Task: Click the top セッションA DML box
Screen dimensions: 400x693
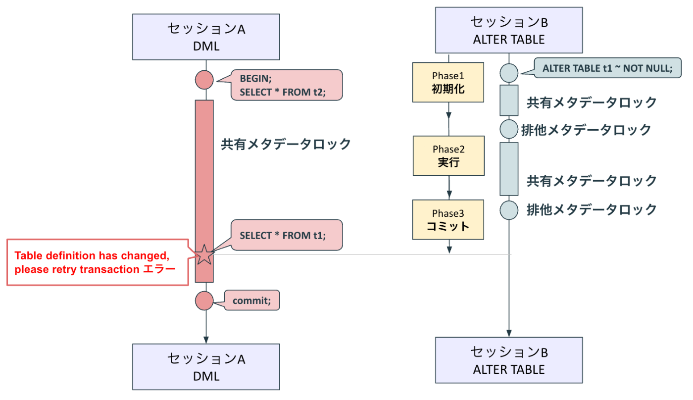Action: coord(206,37)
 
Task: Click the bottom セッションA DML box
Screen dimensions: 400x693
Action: coord(206,367)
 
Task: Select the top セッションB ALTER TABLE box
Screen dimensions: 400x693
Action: coord(509,31)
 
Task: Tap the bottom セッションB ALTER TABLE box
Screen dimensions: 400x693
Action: coord(509,360)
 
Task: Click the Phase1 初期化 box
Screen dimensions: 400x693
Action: coord(448,82)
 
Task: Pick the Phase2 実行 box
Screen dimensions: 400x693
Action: coord(448,155)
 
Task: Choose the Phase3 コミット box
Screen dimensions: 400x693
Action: coord(448,220)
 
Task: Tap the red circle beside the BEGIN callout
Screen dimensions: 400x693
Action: coord(204,80)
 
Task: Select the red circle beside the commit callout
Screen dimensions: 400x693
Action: coord(204,300)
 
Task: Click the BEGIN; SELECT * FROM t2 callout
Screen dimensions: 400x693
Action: coord(287,85)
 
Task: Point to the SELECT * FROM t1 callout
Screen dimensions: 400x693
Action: coord(287,235)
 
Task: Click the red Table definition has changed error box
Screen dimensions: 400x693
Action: coord(97,262)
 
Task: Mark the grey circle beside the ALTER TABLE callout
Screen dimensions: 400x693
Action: coord(509,72)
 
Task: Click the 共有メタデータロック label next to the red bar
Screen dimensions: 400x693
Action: coord(286,144)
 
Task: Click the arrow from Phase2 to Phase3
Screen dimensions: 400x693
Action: coord(448,188)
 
